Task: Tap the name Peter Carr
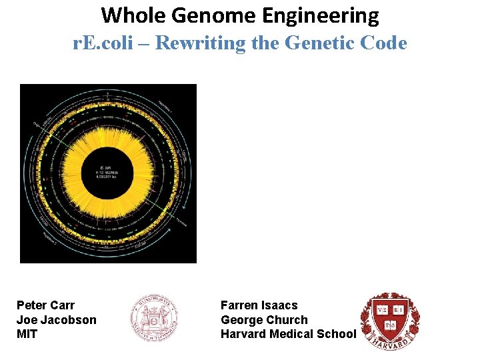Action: click(x=45, y=305)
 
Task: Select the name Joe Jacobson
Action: click(x=56, y=320)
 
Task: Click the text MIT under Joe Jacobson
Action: click(x=27, y=334)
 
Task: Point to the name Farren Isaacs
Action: click(x=259, y=305)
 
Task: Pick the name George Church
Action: click(x=264, y=320)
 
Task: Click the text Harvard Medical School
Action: click(x=288, y=334)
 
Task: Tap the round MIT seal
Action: click(x=153, y=317)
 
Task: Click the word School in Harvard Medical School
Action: click(x=337, y=334)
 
